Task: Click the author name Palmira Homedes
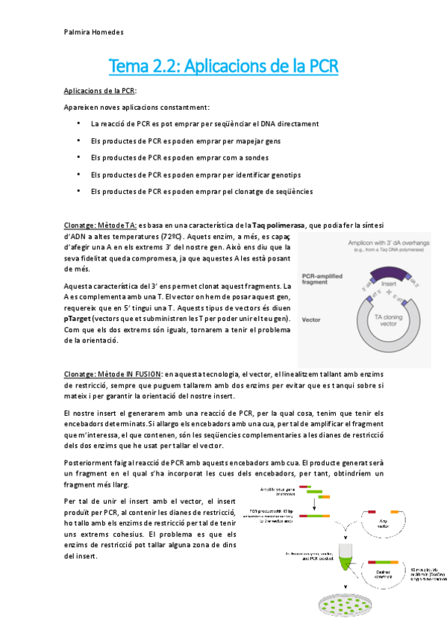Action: (92, 33)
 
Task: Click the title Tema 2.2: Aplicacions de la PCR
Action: (223, 66)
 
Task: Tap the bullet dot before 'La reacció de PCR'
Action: (78, 122)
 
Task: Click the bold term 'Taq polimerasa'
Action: (278, 225)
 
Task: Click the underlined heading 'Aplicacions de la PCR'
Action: (99, 90)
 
